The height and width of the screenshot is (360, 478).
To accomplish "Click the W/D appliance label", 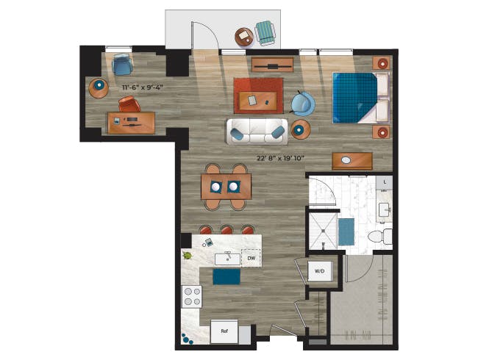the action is click(319, 271).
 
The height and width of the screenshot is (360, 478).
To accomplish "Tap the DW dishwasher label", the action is click(252, 259).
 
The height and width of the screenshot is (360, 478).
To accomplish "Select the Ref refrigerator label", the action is click(224, 331).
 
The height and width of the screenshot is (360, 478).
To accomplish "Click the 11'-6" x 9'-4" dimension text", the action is click(143, 87).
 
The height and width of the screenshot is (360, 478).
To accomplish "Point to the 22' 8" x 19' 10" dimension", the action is click(281, 159).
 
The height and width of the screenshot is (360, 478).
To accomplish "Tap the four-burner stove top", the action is click(192, 297).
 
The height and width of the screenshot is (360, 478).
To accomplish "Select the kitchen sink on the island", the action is click(228, 259).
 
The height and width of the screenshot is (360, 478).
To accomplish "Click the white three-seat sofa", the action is click(257, 132).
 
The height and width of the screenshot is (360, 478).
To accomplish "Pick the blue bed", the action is click(360, 98).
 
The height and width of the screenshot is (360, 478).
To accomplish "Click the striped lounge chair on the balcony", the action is click(265, 33).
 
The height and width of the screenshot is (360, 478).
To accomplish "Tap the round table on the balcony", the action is click(244, 37).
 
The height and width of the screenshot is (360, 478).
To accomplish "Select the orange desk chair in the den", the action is click(129, 104).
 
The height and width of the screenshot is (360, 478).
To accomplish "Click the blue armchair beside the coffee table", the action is click(303, 104).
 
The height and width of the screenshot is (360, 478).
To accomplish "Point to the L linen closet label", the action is click(385, 182).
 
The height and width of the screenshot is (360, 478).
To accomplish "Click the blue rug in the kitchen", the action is click(226, 277).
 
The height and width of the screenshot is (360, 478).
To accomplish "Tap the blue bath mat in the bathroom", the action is click(346, 231).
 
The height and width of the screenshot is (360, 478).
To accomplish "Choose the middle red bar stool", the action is click(226, 230).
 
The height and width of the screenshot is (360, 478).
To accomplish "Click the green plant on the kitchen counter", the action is click(187, 256).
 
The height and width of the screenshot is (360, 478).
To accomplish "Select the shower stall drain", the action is click(323, 244).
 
